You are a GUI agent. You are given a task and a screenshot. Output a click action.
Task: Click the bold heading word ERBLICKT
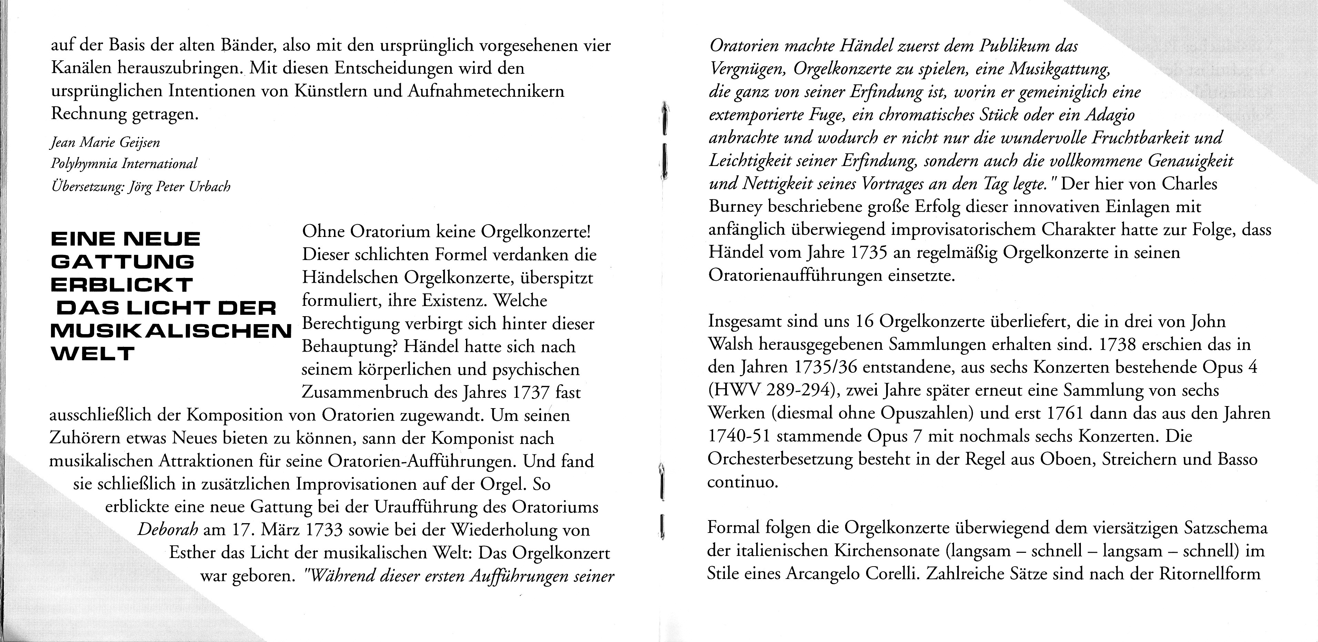(x=122, y=285)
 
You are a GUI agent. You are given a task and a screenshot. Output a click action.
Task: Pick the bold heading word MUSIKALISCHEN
(x=171, y=331)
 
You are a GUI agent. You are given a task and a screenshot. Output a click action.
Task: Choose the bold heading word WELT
(x=93, y=354)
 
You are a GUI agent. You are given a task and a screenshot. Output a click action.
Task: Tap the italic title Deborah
(x=168, y=530)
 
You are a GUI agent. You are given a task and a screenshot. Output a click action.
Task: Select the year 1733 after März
(x=322, y=530)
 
